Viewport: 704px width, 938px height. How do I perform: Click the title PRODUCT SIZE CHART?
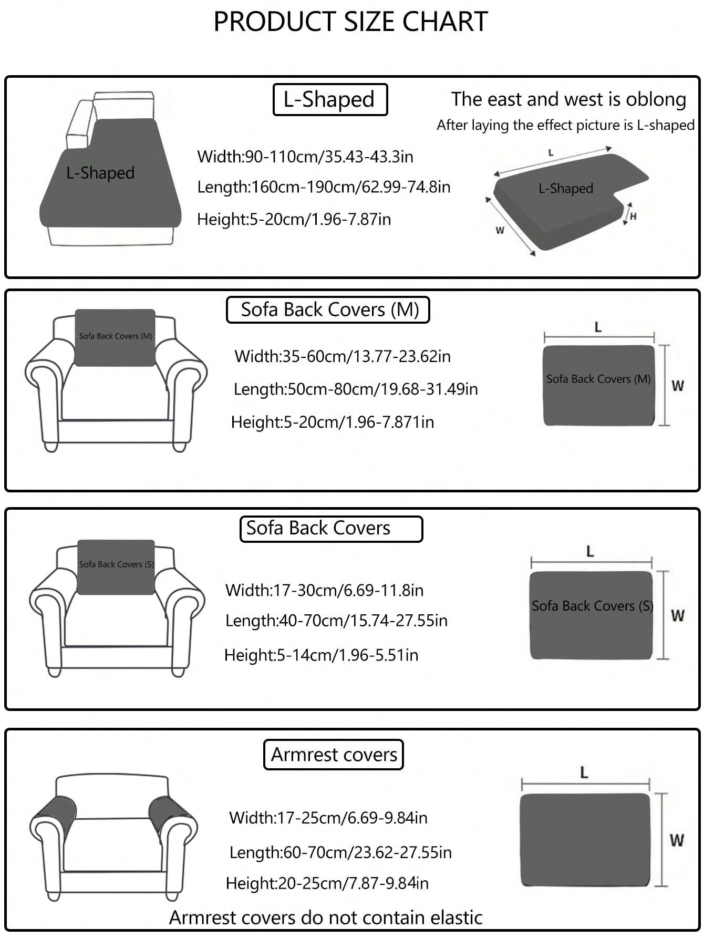click(x=350, y=22)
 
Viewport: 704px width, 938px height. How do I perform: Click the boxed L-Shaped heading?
click(x=329, y=99)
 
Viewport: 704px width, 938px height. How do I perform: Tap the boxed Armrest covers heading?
click(x=334, y=755)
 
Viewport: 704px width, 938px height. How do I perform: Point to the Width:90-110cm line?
click(x=305, y=157)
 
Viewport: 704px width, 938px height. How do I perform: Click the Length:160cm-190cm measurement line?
click(x=324, y=187)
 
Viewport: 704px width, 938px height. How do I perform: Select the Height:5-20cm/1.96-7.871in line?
click(x=333, y=422)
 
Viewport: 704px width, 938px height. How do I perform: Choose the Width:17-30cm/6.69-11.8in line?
click(x=324, y=590)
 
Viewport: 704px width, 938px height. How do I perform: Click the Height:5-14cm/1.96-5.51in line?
click(x=321, y=655)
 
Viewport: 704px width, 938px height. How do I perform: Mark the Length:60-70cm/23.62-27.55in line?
click(x=340, y=852)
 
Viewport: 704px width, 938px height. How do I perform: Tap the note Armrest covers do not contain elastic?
click(x=326, y=918)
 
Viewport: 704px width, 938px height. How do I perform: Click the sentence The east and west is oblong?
click(x=568, y=99)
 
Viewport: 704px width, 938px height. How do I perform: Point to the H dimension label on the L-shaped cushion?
click(x=633, y=216)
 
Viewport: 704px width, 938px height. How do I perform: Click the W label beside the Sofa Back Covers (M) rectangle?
click(x=678, y=386)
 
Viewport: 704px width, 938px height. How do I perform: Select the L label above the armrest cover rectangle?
click(x=584, y=772)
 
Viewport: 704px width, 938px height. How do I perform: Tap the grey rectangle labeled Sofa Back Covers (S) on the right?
click(x=591, y=615)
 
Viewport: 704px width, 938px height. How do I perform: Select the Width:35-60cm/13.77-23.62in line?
click(x=343, y=357)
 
